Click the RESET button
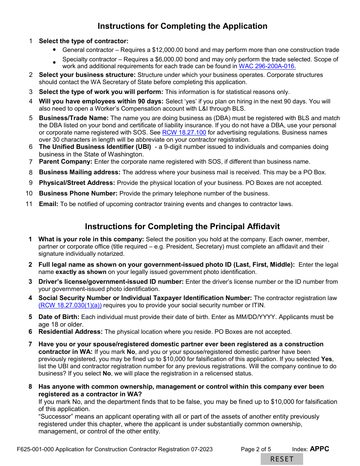(282, 459)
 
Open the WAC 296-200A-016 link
(267, 66)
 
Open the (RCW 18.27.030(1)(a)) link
(70, 305)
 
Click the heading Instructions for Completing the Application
(182, 26)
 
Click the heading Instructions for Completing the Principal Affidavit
(182, 227)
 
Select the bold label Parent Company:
(66, 162)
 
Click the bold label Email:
(49, 204)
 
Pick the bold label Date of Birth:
(59, 317)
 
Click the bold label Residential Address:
(70, 332)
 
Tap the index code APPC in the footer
(319, 449)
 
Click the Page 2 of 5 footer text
(256, 449)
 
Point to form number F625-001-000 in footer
(35, 449)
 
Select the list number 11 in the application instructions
(29, 204)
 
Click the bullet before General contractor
(54, 50)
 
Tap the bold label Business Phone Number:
(78, 194)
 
